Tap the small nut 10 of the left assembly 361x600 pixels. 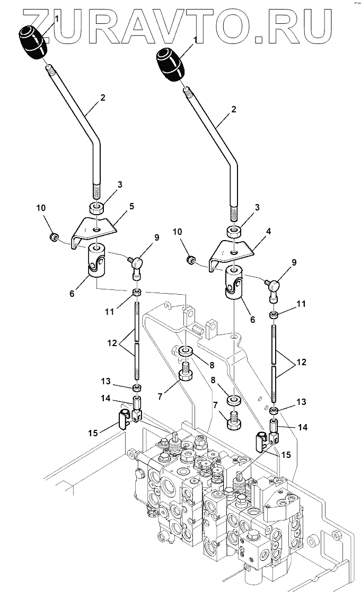(53, 236)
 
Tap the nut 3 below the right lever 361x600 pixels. (233, 232)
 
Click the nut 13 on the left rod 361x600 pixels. (137, 389)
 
